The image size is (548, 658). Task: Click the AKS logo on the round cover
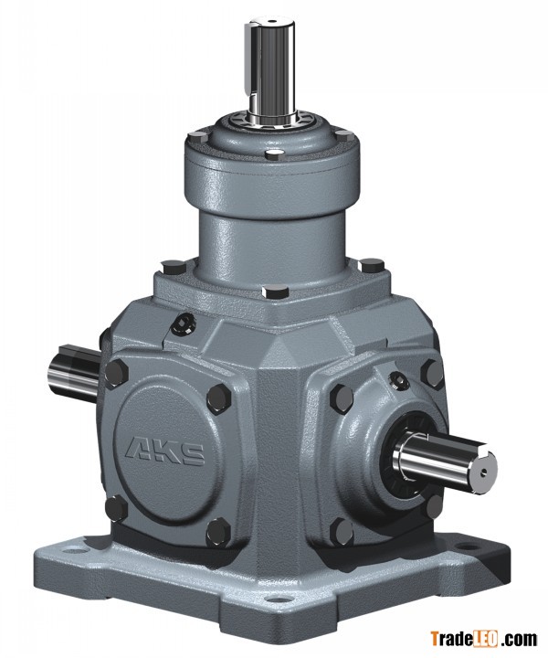(165, 452)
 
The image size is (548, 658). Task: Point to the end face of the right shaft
(484, 471)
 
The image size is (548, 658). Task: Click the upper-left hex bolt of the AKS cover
(116, 372)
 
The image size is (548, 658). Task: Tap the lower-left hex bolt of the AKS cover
(116, 508)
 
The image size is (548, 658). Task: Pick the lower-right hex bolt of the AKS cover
(218, 533)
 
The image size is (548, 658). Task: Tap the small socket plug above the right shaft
(398, 380)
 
